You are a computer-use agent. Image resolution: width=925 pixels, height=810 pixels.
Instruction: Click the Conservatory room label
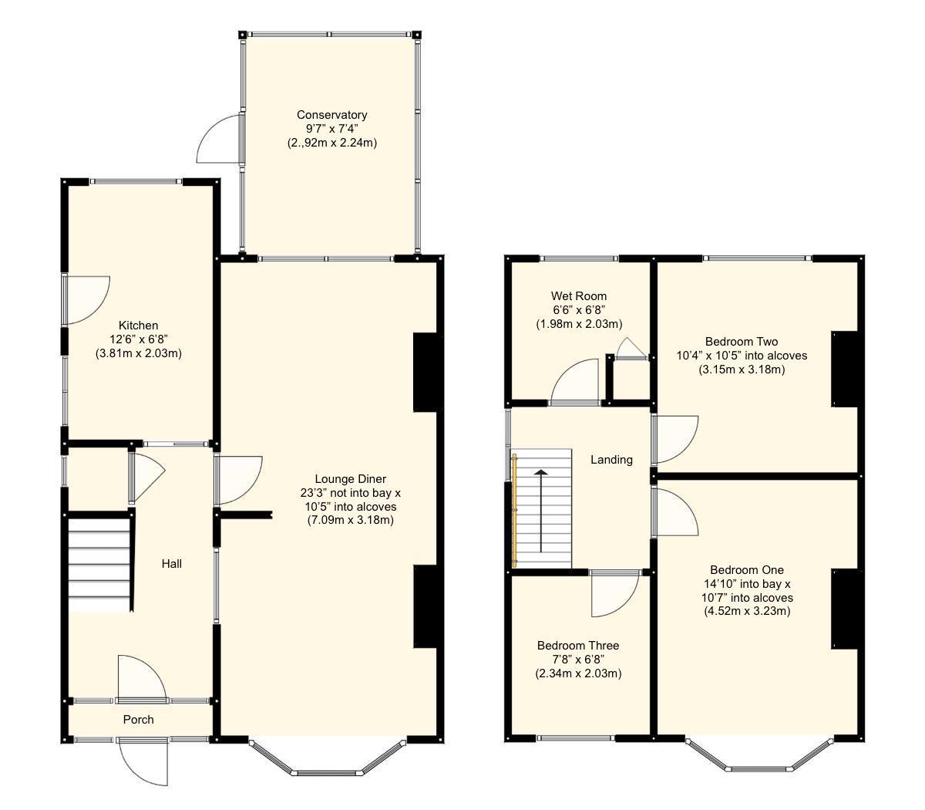point(331,115)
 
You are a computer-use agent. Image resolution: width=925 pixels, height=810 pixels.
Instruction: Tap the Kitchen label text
point(138,326)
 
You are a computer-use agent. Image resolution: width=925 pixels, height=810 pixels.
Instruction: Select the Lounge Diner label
point(350,479)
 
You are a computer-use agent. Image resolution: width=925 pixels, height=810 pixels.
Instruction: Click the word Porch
point(139,720)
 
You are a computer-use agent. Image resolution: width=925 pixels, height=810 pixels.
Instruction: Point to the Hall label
point(171,564)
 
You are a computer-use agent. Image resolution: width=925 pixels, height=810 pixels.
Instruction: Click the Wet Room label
point(578,296)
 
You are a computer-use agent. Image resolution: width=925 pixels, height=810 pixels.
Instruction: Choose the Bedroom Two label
point(741,342)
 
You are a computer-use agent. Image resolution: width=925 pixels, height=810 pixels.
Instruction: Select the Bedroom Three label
point(578,646)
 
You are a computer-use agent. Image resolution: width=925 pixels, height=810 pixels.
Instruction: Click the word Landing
point(611,460)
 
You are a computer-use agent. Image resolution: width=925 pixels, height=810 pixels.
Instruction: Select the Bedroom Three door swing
point(614,594)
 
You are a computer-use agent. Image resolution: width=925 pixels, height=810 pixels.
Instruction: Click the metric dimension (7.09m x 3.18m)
point(350,521)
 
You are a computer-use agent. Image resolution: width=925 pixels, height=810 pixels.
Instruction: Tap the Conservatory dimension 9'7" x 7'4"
point(331,129)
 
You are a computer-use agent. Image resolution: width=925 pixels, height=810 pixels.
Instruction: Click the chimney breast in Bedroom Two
point(844,369)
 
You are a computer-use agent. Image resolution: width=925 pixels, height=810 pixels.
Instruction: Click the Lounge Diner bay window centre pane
point(328,771)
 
